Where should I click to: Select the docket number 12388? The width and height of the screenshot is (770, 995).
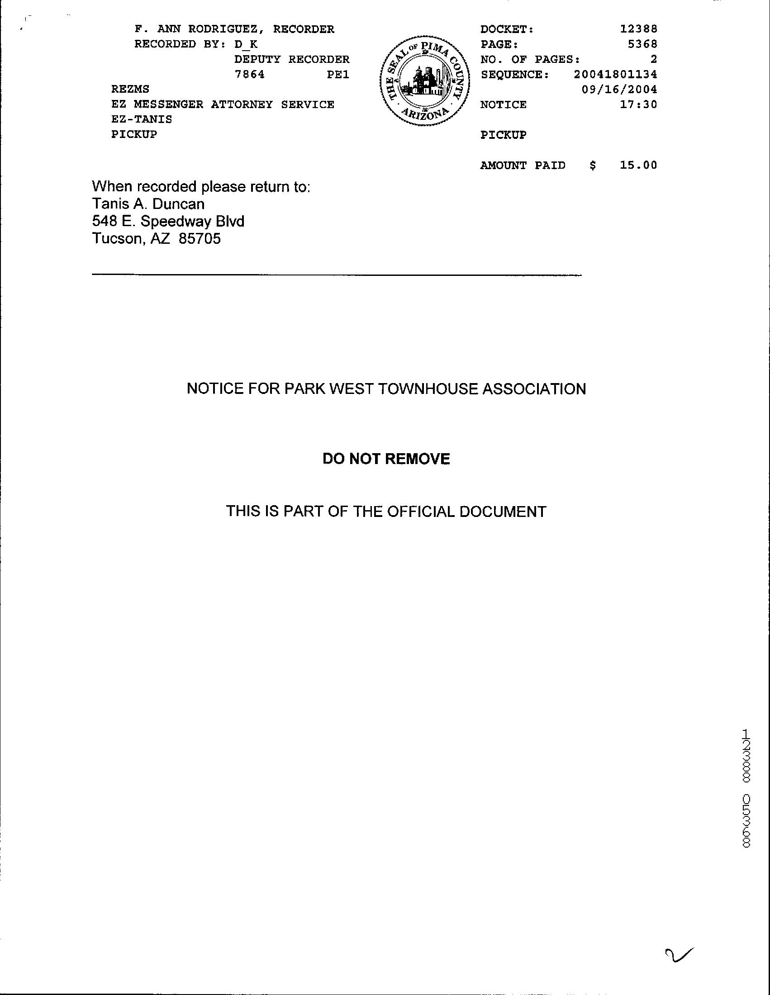click(638, 29)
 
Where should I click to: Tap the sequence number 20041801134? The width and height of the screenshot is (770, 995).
click(615, 74)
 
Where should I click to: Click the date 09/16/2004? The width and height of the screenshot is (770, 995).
click(619, 89)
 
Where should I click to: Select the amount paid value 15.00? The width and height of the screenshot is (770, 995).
click(638, 166)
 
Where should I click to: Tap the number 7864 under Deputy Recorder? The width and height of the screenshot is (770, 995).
click(249, 74)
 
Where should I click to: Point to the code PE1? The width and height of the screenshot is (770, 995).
click(337, 74)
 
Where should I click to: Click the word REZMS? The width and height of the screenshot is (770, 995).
click(130, 89)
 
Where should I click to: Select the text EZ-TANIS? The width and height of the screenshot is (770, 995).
click(142, 119)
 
